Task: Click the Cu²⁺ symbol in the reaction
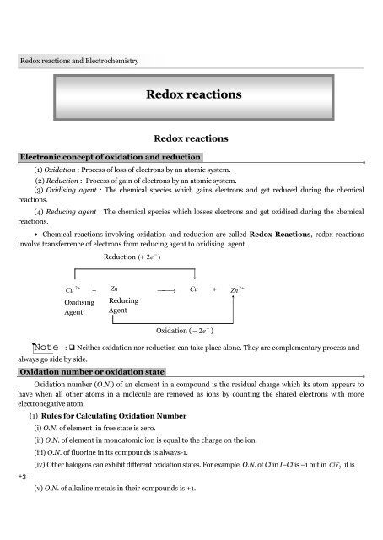[73, 289]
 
